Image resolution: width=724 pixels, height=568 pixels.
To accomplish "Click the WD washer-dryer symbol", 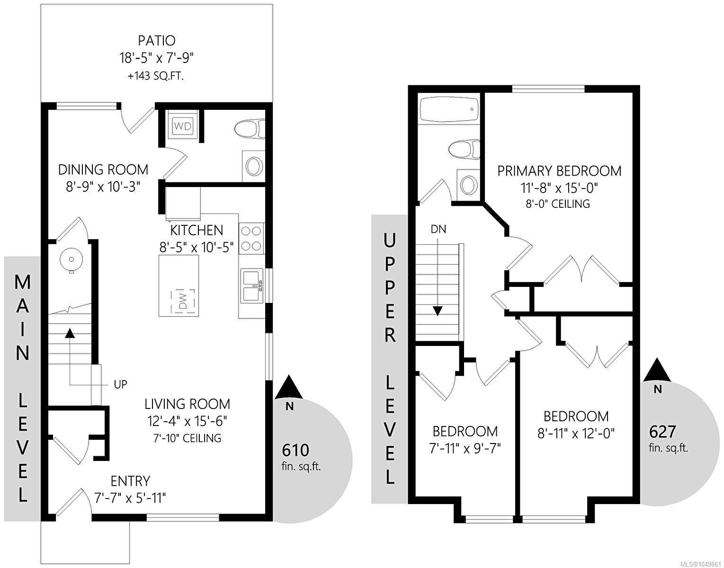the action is (x=183, y=126).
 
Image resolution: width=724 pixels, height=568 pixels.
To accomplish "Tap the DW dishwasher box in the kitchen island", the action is (x=184, y=302).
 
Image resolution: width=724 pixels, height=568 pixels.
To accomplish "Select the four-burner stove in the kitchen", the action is (x=251, y=239).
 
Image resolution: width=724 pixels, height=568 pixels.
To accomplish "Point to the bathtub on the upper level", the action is (x=449, y=109).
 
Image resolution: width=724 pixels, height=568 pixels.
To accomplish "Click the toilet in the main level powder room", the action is (x=250, y=129).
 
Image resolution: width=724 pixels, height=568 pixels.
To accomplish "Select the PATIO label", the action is (x=157, y=41).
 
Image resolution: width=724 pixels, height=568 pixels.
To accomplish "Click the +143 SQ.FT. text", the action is (x=156, y=76).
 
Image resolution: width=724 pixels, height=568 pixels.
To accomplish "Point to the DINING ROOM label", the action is (x=103, y=170).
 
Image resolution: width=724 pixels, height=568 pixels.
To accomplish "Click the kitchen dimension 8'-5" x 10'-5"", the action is (x=197, y=248).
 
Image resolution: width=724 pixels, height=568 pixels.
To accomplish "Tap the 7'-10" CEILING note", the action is (x=187, y=438).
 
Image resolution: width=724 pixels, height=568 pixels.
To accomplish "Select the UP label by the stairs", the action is (x=120, y=384).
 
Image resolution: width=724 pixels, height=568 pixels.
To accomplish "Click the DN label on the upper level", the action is (x=438, y=229).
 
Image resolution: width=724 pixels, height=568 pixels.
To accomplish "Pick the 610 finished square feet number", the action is (x=295, y=451).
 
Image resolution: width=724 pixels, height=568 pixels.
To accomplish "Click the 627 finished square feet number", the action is (x=662, y=432).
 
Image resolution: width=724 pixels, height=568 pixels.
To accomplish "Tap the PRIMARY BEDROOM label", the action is (x=559, y=171).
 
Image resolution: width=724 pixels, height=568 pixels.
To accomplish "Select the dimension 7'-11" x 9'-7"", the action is (x=465, y=449).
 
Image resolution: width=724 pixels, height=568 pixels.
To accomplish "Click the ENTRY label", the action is (x=130, y=481).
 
